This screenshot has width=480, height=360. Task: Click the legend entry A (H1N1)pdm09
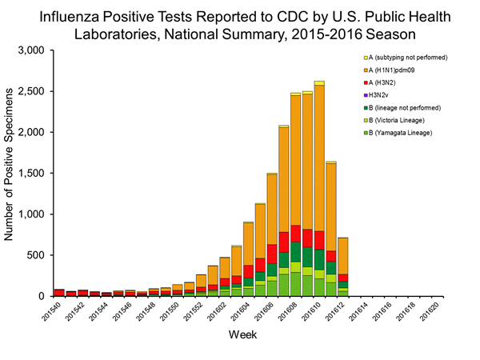pos(392,73)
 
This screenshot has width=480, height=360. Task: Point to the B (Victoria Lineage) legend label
pos(400,119)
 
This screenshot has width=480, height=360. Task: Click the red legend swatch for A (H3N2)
pos(366,84)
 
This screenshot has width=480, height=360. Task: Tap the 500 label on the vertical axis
pos(46,255)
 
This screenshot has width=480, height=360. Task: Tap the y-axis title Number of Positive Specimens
pos(12,172)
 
